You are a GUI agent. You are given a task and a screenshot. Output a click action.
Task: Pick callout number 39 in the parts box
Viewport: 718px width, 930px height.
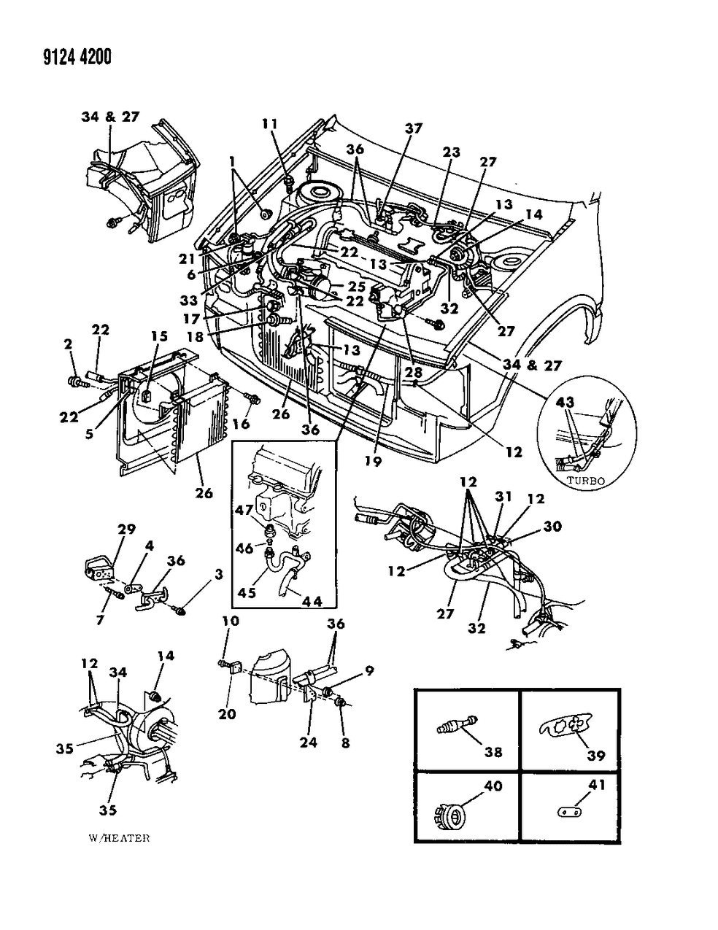click(596, 755)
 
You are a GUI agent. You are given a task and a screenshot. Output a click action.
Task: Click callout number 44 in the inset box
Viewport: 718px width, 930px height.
click(312, 602)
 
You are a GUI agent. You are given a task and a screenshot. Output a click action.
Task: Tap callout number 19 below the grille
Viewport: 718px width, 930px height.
click(374, 461)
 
